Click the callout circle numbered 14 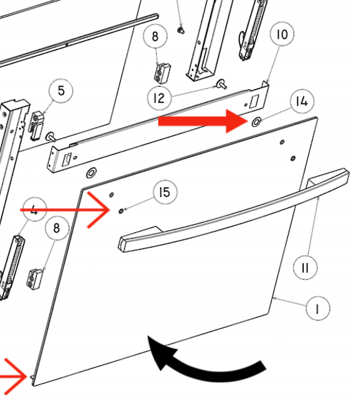coord(303,101)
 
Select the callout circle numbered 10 coord(282,34)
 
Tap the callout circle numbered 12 coord(159,98)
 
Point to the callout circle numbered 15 coord(165,192)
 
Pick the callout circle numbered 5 coord(61,91)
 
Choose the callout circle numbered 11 coord(305,268)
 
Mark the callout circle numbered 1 coord(318,308)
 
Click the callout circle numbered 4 coord(35,210)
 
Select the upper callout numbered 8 coord(155,37)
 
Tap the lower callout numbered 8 coord(57,228)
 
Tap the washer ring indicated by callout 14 coord(256,122)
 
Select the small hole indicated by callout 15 coord(121,211)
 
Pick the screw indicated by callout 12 coord(221,84)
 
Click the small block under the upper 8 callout coord(162,73)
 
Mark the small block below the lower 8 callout coord(35,279)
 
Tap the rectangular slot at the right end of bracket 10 coord(255,101)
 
